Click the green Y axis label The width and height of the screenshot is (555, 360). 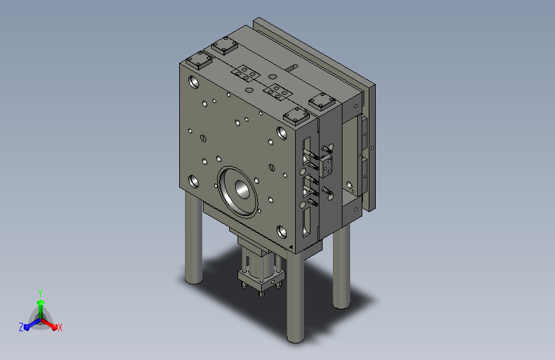(x=40, y=293)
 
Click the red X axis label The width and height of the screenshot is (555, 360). (x=60, y=327)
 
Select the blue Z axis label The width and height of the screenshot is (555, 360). (x=21, y=327)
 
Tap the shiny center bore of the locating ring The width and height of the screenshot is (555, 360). (x=242, y=189)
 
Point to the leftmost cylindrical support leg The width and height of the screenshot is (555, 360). (x=193, y=238)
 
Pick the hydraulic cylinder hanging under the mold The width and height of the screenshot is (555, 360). (x=261, y=271)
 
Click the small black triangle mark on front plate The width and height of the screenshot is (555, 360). (x=291, y=247)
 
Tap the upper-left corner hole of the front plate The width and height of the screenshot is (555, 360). (x=194, y=82)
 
